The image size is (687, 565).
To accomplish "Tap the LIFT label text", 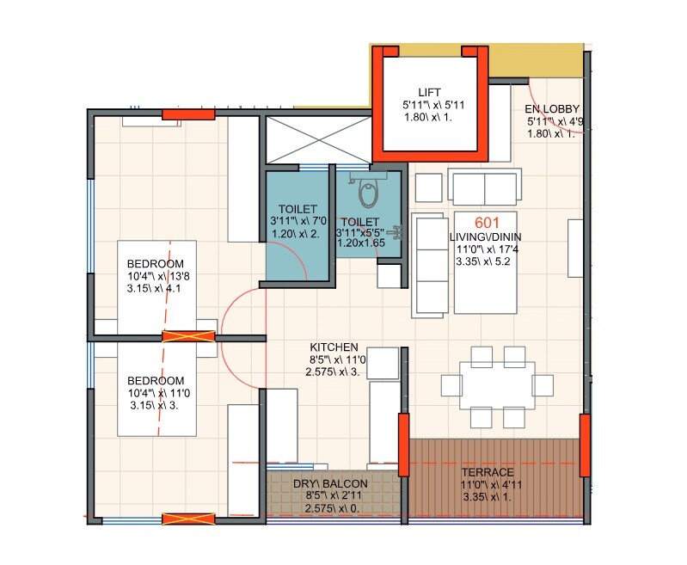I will [x=430, y=92].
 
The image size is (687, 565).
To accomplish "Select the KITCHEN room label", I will [x=334, y=347].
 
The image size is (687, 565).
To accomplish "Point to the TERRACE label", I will [x=487, y=472].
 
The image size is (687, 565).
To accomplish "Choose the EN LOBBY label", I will [x=552, y=109].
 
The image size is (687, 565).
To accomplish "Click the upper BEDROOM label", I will [x=156, y=264].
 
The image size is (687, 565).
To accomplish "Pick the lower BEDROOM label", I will [x=156, y=381].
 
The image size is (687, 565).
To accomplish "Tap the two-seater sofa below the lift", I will [x=485, y=187].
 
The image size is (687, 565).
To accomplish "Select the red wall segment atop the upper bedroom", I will [x=188, y=114].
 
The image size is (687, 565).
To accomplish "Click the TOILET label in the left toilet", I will [x=297, y=209].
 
